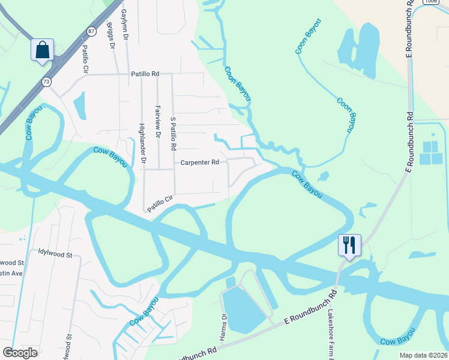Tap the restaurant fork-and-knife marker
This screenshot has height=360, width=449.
[x=349, y=245]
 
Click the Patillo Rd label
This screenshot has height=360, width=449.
[x=145, y=74]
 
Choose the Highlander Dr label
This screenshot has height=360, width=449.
[x=142, y=143]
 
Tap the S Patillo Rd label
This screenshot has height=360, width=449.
[x=173, y=133]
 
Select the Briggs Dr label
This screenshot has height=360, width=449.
[x=110, y=38]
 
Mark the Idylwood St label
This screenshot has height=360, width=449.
[x=55, y=254]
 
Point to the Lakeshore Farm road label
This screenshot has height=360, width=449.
[x=330, y=330]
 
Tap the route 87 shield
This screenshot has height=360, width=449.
[x=91, y=31]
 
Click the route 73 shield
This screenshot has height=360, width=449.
[x=46, y=81]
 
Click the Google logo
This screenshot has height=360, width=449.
[x=20, y=352]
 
